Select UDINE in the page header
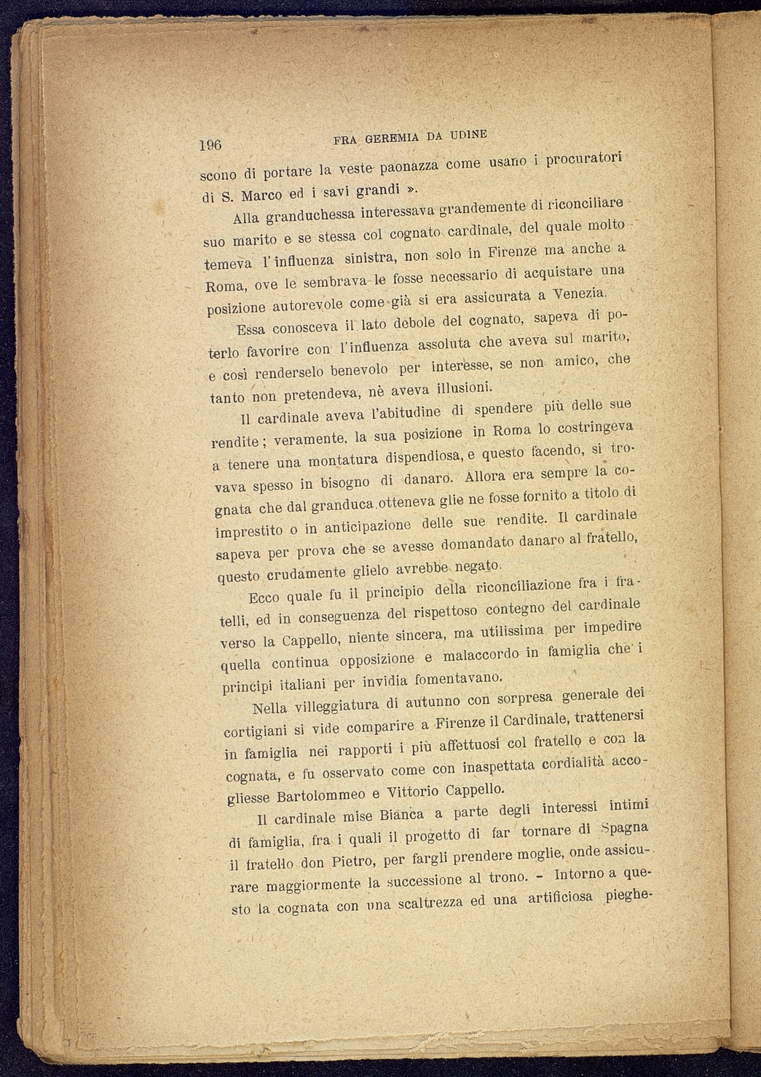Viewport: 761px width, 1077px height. tap(468, 135)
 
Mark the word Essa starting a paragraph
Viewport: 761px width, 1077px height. tap(255, 329)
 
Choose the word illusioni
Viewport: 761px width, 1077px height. tap(468, 385)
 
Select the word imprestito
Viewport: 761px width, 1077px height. tap(251, 531)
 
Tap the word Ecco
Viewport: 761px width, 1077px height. tap(265, 598)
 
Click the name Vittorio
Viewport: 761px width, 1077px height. tap(411, 792)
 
